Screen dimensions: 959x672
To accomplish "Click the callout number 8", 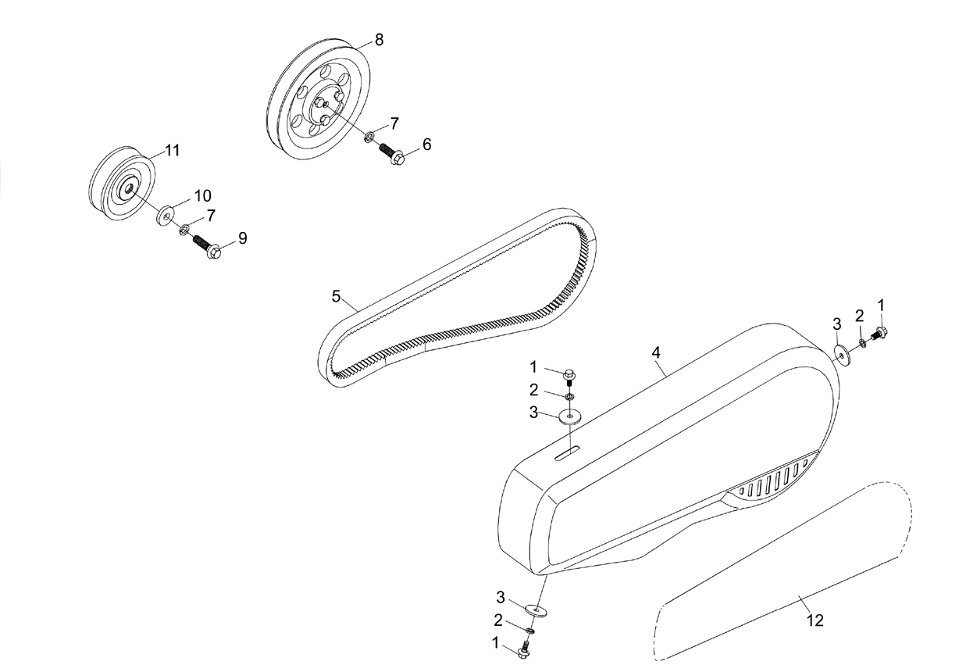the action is tap(379, 40).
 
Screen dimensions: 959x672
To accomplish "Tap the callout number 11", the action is tap(173, 150).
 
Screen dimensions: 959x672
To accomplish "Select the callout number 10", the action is tap(203, 195).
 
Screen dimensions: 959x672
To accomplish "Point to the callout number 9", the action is tap(243, 238).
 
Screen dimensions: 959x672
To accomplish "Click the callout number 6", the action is tap(427, 145).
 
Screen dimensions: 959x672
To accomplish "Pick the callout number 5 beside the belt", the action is tap(336, 296).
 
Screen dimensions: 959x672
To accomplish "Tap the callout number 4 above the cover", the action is tap(656, 352).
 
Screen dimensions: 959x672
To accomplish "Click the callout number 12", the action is tap(815, 620).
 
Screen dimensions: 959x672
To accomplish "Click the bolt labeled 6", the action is tap(392, 154).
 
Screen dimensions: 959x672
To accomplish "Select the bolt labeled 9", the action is tap(208, 247).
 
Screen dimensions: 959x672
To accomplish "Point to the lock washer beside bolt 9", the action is tap(184, 229).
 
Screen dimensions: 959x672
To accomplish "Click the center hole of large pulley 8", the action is tap(326, 104).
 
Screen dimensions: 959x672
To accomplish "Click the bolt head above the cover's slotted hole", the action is tap(569, 374).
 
